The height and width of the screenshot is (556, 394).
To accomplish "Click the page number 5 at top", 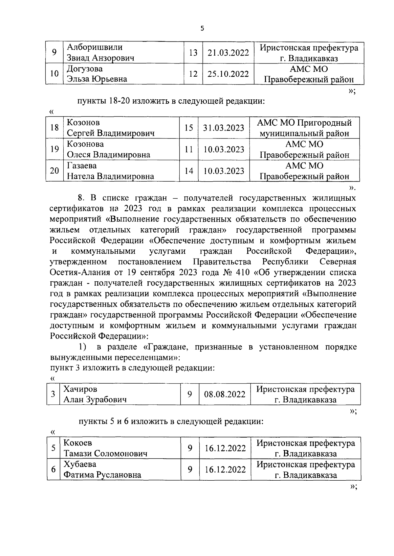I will click(x=202, y=29).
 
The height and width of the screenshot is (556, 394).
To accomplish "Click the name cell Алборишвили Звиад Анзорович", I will click(x=100, y=53).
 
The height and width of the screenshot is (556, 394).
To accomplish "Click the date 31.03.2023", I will click(x=224, y=128).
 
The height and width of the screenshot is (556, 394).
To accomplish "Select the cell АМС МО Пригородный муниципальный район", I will click(x=304, y=128).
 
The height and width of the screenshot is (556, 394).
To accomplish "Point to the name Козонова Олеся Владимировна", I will click(x=108, y=149).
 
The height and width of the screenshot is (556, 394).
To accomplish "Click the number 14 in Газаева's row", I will click(x=188, y=171).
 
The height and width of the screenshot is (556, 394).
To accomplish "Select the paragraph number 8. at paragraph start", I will click(x=82, y=198).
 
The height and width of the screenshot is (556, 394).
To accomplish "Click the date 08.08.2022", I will click(x=225, y=394).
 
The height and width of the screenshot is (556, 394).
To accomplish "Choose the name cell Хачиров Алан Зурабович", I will click(x=95, y=394).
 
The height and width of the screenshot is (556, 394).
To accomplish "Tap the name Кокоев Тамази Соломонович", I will click(x=105, y=448).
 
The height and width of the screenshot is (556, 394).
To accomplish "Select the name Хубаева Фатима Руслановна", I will click(x=102, y=469).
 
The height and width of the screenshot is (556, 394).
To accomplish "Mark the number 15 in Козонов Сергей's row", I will click(x=188, y=128).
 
